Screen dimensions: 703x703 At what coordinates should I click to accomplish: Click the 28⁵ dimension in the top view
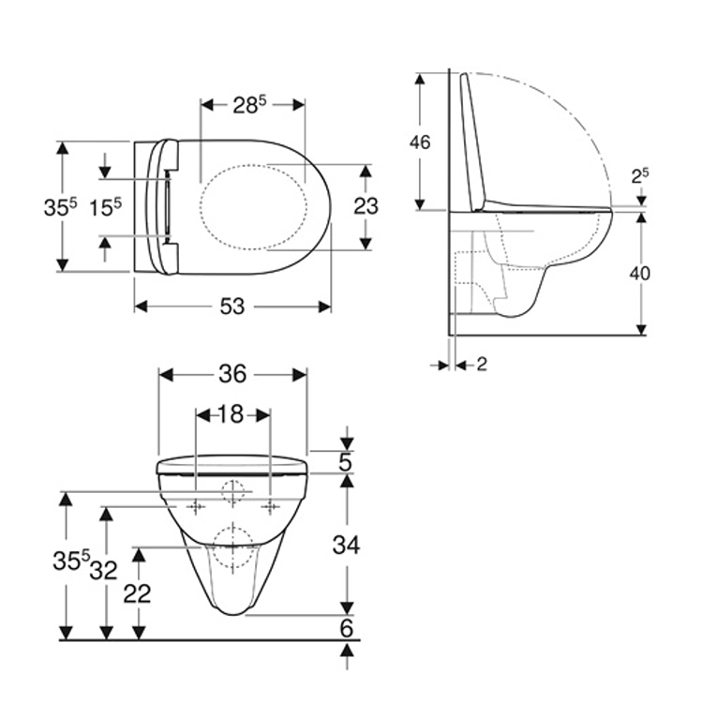click(x=251, y=105)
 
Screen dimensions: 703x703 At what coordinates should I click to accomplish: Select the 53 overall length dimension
click(x=232, y=307)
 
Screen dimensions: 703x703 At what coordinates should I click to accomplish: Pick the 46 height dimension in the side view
click(x=421, y=142)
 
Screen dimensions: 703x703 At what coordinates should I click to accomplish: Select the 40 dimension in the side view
click(x=640, y=273)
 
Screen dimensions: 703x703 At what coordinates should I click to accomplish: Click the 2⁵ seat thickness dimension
click(x=640, y=175)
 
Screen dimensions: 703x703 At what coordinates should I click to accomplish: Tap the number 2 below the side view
click(x=481, y=364)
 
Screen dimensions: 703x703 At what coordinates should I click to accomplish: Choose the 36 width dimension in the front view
click(x=232, y=374)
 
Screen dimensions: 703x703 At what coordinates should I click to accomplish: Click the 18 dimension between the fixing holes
click(x=232, y=413)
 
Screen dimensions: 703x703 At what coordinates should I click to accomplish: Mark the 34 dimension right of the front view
click(x=346, y=543)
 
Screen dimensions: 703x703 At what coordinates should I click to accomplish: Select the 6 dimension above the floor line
click(x=346, y=629)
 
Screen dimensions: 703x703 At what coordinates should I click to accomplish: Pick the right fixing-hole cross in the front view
click(x=271, y=507)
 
